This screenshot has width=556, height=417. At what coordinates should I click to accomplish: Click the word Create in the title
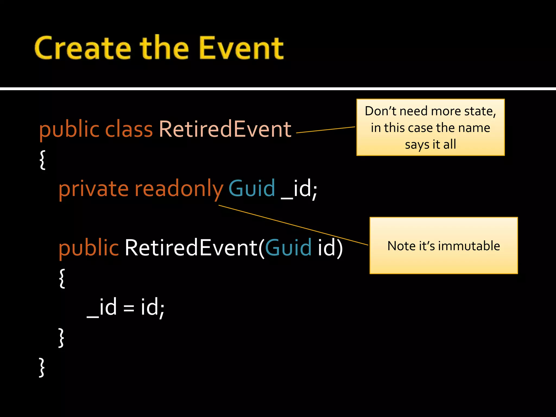click(83, 48)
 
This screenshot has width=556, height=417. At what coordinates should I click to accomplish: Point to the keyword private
click(93, 189)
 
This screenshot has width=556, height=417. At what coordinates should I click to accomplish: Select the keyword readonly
click(179, 189)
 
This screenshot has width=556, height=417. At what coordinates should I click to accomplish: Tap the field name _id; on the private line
click(299, 189)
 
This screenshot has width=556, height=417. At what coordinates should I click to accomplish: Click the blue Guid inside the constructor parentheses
click(288, 248)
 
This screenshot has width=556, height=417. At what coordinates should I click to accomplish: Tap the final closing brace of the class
click(42, 367)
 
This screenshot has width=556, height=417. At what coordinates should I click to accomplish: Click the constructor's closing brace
click(61, 337)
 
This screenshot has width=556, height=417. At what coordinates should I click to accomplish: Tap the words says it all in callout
click(430, 144)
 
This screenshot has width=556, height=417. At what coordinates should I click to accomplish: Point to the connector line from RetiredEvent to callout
click(326, 130)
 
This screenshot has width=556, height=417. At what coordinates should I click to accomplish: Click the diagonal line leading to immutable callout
click(293, 225)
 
